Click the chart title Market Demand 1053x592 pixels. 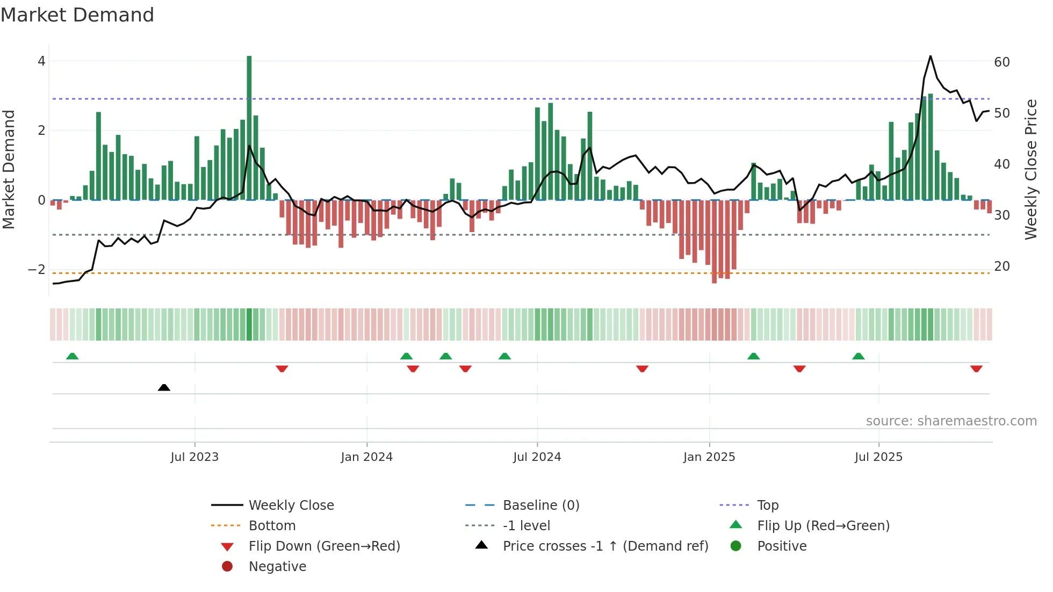[x=77, y=15]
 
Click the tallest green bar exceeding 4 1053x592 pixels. [x=249, y=129]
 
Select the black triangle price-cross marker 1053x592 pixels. [x=164, y=387]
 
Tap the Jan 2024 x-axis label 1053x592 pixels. [x=366, y=457]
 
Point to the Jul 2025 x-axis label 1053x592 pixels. [x=878, y=457]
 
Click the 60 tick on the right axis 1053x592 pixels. [x=1001, y=62]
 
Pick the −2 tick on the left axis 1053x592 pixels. [x=37, y=269]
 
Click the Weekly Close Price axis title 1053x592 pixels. [x=1030, y=169]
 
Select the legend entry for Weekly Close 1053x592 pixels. [x=291, y=506]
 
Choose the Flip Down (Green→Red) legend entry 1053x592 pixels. [x=324, y=546]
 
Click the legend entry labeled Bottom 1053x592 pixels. [x=272, y=526]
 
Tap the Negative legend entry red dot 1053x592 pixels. [x=227, y=567]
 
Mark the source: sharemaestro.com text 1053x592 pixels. [x=951, y=421]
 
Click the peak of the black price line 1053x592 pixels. [x=931, y=56]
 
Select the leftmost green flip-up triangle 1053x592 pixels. [x=72, y=356]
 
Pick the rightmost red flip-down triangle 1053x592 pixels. [x=976, y=369]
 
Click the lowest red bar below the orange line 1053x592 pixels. [x=714, y=242]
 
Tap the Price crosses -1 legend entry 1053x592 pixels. [x=605, y=546]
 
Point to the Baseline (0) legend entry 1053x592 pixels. [x=540, y=506]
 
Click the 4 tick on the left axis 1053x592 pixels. [x=41, y=61]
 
